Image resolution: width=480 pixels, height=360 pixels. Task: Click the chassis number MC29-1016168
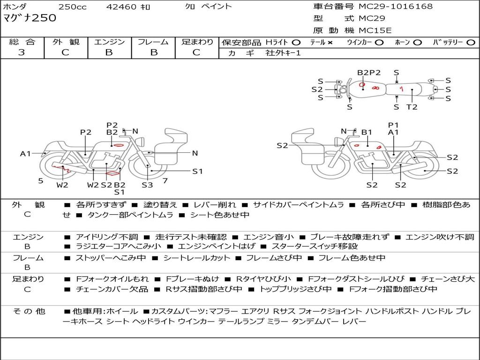pos(396,7)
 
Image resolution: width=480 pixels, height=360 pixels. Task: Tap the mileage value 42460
pos(121,7)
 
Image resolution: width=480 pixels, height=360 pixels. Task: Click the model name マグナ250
pos(30,18)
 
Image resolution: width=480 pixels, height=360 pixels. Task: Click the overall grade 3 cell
pos(22,52)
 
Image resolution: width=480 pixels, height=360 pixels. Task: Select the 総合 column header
pos(22,42)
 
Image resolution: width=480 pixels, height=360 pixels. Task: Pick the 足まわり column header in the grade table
pos(197,42)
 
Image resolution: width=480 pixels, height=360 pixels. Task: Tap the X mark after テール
pos(330,42)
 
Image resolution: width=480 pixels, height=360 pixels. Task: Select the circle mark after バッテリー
pos(471,42)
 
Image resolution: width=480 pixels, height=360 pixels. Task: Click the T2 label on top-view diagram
pos(412,107)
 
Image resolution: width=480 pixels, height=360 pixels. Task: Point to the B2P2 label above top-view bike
pos(369,73)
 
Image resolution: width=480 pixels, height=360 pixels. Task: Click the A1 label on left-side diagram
pos(25,153)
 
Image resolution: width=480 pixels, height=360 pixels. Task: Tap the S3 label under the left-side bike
pos(148,185)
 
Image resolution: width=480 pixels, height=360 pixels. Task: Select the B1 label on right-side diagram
pos(366,133)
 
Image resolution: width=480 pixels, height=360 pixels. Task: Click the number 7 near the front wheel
pos(165,180)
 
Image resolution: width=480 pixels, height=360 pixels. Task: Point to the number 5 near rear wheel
pos(41,180)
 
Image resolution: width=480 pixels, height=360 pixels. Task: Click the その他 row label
pos(29,311)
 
